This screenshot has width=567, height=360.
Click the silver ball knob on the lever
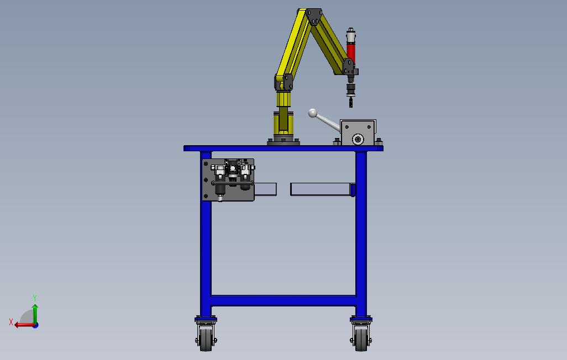[313, 114]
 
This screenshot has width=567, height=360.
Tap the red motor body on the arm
[351, 52]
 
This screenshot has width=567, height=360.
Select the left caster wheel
[206, 340]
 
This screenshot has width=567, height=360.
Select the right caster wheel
[361, 340]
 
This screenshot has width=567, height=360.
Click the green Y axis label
[35, 298]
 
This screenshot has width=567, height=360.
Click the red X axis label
[11, 322]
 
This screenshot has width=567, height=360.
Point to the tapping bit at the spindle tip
[351, 102]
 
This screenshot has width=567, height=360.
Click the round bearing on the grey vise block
[358, 139]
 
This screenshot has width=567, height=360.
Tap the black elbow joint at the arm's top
[314, 17]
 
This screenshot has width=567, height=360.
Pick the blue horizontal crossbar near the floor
[283, 301]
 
